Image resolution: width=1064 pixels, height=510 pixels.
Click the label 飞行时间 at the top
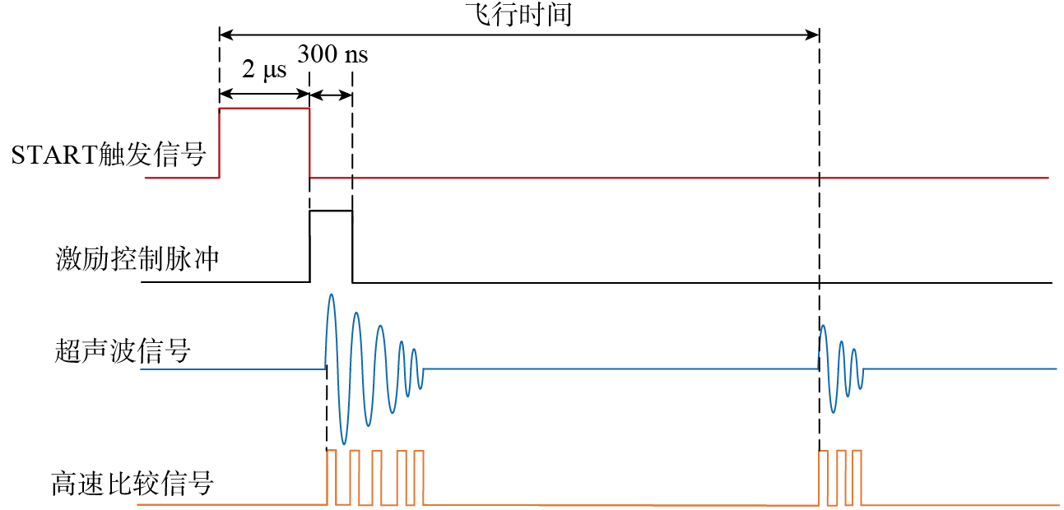point(518,14)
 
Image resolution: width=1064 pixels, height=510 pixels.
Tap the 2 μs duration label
point(264,69)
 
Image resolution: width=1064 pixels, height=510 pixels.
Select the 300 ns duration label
point(332,53)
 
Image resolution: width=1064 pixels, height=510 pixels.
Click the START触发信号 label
point(109,155)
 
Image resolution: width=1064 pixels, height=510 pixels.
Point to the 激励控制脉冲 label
point(137,259)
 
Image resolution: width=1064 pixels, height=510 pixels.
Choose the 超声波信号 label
point(123,351)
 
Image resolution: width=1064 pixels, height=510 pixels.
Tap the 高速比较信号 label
point(132,483)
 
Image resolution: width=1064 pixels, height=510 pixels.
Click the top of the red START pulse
point(264,109)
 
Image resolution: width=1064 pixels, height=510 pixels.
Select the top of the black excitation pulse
point(331,211)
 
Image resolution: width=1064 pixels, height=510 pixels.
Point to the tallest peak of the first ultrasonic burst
point(331,294)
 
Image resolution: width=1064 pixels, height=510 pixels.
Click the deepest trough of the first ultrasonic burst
point(344,443)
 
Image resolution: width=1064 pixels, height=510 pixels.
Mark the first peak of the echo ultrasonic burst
point(823,327)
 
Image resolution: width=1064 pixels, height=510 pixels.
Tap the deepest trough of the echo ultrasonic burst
point(834,411)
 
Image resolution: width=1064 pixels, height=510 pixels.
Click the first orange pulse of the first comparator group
point(332,477)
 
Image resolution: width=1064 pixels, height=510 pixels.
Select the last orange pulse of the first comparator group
point(419,477)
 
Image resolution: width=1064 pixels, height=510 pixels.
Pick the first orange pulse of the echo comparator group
point(824,477)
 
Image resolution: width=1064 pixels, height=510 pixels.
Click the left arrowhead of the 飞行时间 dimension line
point(226,35)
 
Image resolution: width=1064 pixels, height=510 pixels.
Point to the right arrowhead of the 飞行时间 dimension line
point(812,35)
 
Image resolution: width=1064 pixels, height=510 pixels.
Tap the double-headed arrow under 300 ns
point(331,95)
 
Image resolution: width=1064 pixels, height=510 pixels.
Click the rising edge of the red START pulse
point(220,143)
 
